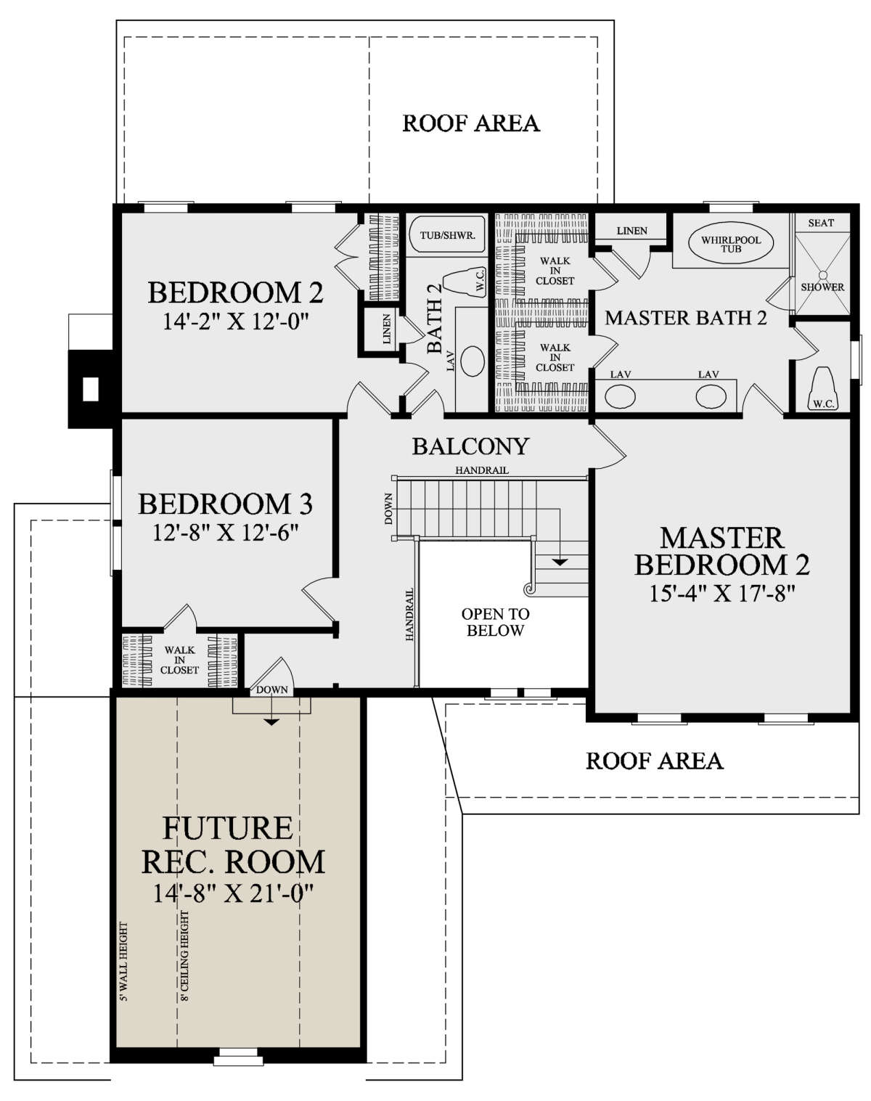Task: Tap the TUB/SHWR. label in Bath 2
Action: [447, 235]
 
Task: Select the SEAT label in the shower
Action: [821, 223]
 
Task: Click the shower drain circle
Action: [822, 274]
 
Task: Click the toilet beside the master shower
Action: [823, 388]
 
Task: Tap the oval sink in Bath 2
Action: [473, 361]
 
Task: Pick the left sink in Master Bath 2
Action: [621, 396]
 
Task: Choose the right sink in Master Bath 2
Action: [711, 396]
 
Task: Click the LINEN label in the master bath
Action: [632, 231]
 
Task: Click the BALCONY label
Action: [470, 446]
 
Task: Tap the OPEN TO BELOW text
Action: [495, 622]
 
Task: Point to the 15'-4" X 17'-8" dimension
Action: [722, 594]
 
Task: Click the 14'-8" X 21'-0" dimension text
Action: [233, 894]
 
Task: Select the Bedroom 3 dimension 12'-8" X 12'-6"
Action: [225, 533]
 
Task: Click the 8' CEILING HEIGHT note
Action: [184, 955]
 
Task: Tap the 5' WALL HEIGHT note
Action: [123, 961]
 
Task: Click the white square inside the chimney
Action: [91, 389]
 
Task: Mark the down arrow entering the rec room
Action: [271, 710]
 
